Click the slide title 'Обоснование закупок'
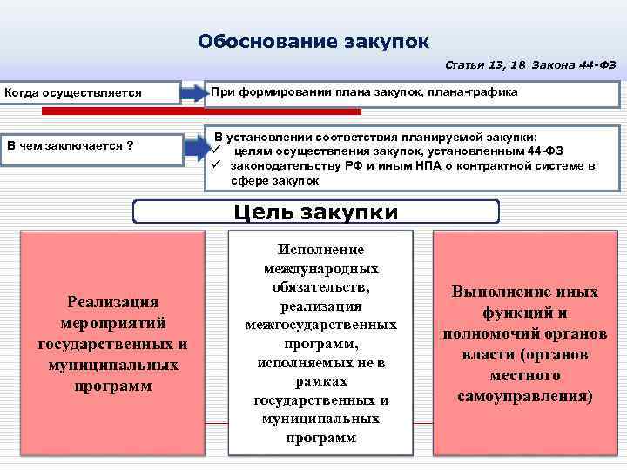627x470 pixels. point(313,41)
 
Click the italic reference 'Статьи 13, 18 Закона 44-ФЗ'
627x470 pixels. point(532,65)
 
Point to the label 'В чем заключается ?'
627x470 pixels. point(70,144)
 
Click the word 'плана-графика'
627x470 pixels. point(475,91)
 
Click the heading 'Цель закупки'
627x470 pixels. point(316,212)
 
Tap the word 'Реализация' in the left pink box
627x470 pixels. point(112,302)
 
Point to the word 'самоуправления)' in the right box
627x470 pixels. point(524,396)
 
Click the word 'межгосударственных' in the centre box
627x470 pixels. point(320,325)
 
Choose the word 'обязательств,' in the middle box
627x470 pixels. point(320,286)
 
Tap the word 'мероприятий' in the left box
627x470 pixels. point(112,323)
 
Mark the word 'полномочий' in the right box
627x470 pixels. point(504,333)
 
